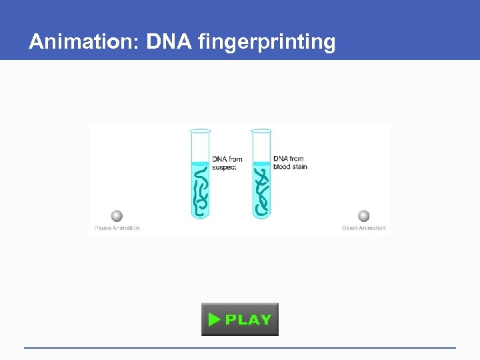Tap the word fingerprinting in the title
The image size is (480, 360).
pyautogui.click(x=267, y=43)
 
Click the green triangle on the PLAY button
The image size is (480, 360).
pyautogui.click(x=214, y=319)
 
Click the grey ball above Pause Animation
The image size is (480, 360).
pyautogui.click(x=117, y=216)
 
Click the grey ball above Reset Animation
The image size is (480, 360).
pyautogui.click(x=363, y=216)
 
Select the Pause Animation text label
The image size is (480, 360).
pyautogui.click(x=117, y=228)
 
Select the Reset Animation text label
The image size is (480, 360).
pyautogui.click(x=363, y=228)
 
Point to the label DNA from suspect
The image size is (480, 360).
pyautogui.click(x=227, y=163)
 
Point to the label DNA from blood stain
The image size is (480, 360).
pyautogui.click(x=290, y=163)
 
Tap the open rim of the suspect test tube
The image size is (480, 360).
pyautogui.click(x=200, y=130)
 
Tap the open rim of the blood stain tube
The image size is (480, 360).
pyautogui.click(x=261, y=130)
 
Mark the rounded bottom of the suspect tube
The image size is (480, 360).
pyautogui.click(x=200, y=215)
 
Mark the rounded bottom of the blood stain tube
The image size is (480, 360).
pyautogui.click(x=261, y=215)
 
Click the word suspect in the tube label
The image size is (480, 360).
pyautogui.click(x=224, y=167)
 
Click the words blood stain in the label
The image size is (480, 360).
pyautogui.click(x=290, y=167)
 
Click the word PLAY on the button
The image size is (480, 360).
pyautogui.click(x=248, y=319)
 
